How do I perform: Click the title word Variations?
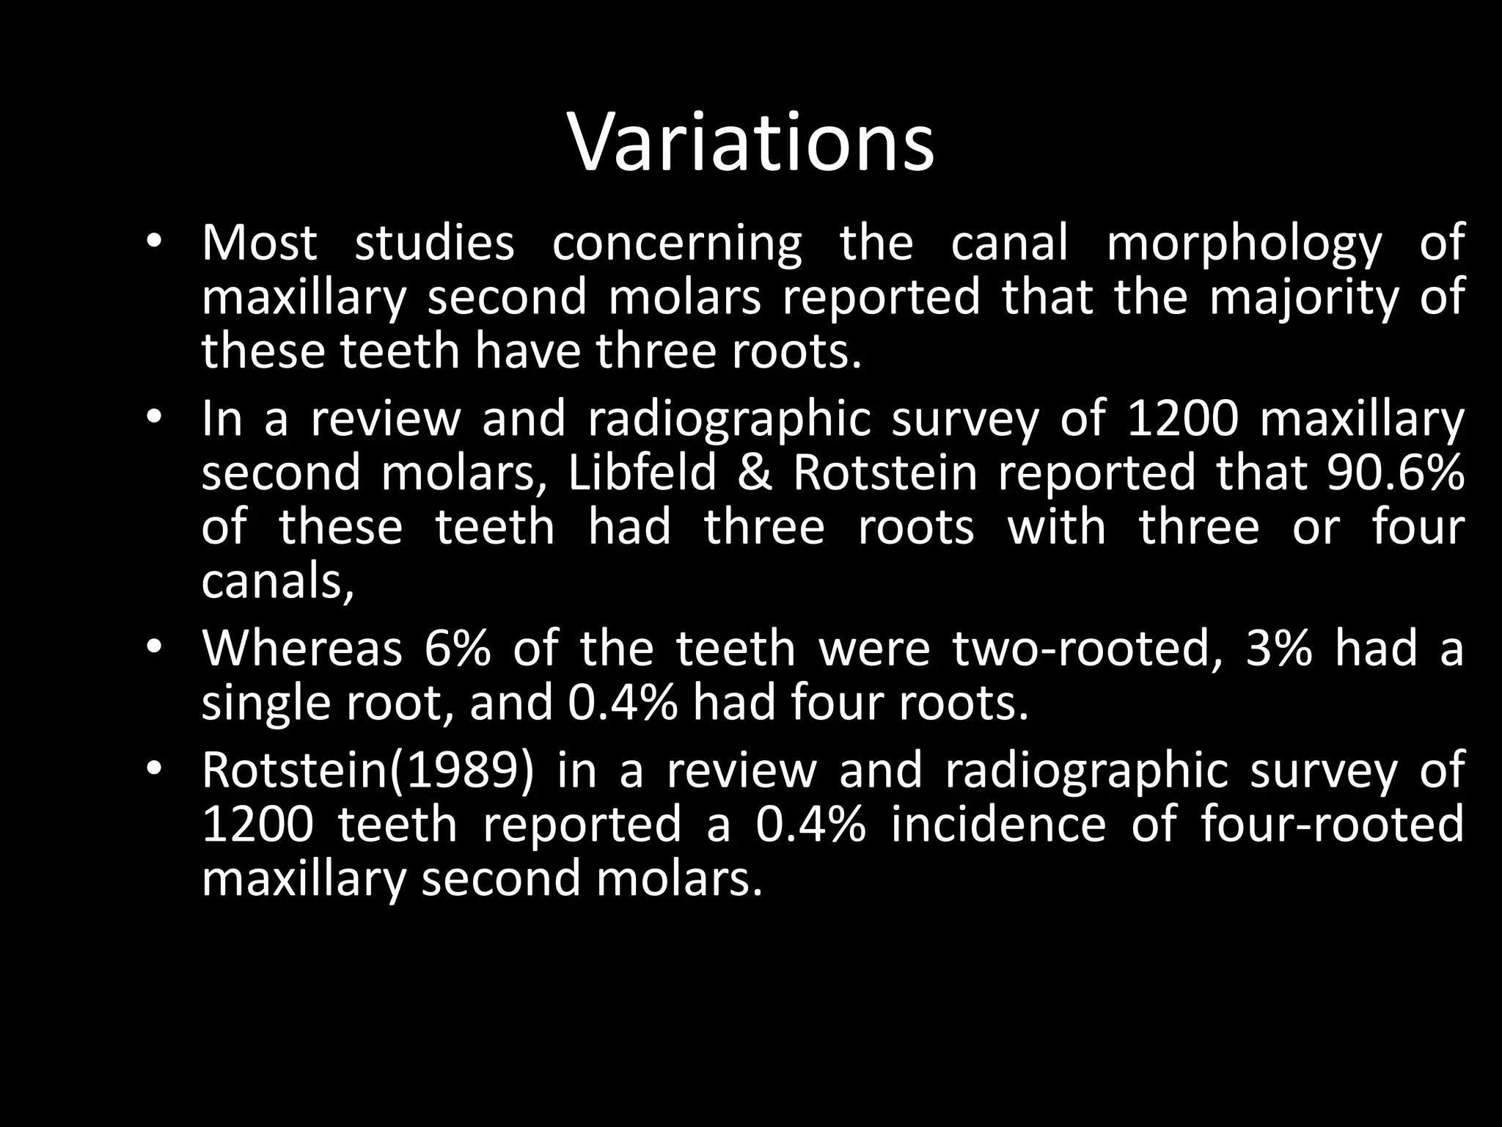(x=751, y=143)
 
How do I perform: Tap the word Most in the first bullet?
(x=260, y=244)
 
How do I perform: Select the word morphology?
(x=1245, y=245)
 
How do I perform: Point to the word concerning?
(x=677, y=245)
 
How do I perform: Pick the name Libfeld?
(x=642, y=473)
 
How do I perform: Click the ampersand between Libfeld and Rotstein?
(x=755, y=473)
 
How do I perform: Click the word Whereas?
(x=302, y=649)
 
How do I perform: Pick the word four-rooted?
(x=1333, y=825)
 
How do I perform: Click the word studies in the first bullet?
(x=434, y=244)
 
